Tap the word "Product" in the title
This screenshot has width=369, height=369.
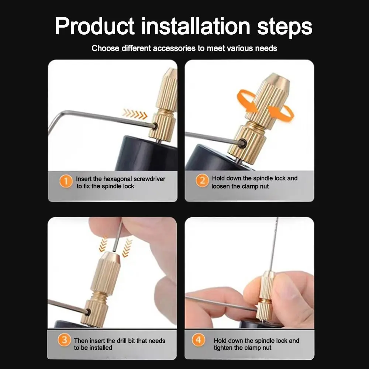click(x=95, y=26)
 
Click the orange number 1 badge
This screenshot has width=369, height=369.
click(x=66, y=182)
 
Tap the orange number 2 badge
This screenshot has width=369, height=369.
click(x=202, y=181)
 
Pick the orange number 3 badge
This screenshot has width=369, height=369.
click(x=64, y=340)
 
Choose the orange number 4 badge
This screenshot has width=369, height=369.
click(x=198, y=340)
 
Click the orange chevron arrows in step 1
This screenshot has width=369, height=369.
click(x=135, y=114)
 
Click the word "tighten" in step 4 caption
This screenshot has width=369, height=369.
click(x=225, y=348)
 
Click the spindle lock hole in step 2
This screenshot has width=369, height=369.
click(x=242, y=143)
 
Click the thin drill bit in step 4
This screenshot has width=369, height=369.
click(x=273, y=244)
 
